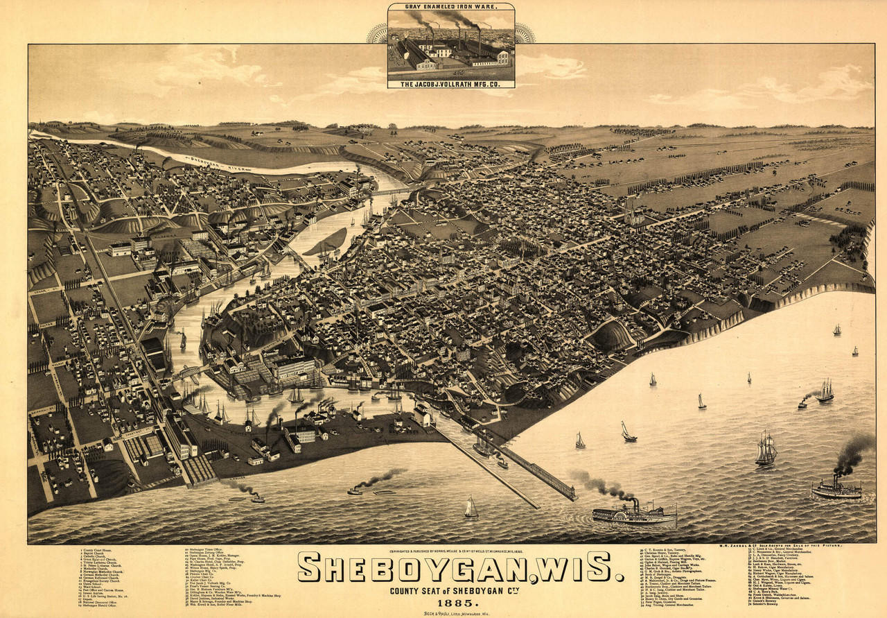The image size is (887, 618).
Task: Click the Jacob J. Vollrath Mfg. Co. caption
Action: [450, 84]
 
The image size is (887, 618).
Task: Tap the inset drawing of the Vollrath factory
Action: [450, 45]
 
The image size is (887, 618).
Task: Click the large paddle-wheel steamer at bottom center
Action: [634, 514]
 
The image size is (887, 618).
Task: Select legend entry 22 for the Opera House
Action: [211, 556]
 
